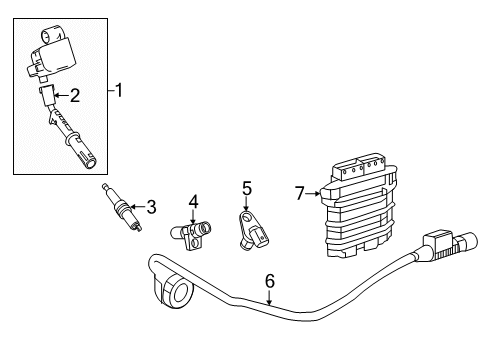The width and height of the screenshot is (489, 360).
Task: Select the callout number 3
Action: coord(151,207)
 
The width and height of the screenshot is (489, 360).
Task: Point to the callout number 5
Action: coord(246,186)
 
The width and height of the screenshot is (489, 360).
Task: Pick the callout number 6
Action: coord(270,282)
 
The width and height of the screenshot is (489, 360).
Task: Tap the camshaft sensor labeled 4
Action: coord(190,236)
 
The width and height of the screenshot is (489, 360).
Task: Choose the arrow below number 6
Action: coord(270,297)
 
